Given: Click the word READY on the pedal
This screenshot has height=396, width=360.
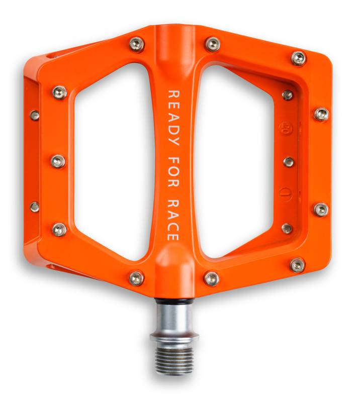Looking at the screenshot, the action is click(x=173, y=118).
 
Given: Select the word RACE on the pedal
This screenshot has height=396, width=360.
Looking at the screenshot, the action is click(x=173, y=220).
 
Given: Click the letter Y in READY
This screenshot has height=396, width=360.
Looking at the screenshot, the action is click(x=173, y=141).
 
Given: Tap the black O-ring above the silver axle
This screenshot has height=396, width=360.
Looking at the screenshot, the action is click(x=173, y=301).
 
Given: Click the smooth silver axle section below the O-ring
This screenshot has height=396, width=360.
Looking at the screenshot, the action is click(x=173, y=318).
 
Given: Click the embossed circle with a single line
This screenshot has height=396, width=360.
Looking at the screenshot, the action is click(x=286, y=194).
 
